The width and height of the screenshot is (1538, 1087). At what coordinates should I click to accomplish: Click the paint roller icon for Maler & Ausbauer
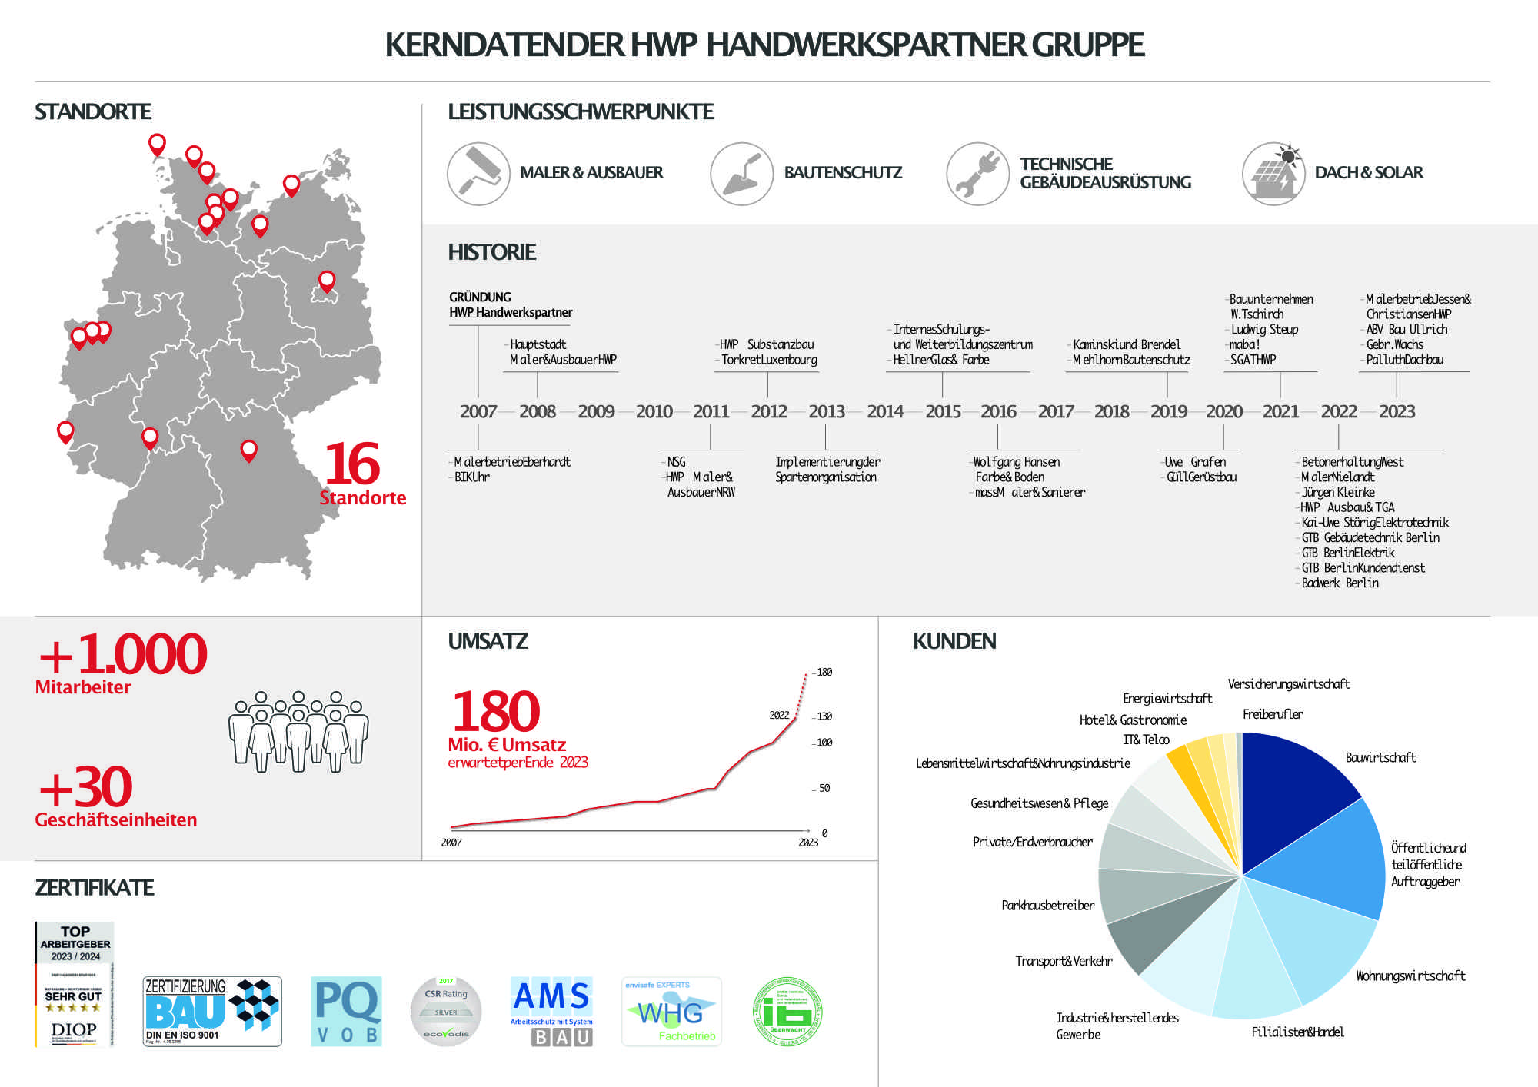coord(478,174)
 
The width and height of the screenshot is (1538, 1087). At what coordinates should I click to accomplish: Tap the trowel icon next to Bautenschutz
coord(741,174)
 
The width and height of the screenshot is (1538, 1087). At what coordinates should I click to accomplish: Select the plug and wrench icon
coord(977,174)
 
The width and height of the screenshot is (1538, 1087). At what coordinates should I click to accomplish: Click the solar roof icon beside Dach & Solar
coord(1273,174)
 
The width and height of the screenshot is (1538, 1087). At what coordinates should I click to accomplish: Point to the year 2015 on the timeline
coord(943,412)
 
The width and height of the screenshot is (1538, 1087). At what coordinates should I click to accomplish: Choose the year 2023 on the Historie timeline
coord(1397,412)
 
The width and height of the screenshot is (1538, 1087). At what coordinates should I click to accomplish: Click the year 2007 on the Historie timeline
coord(478,412)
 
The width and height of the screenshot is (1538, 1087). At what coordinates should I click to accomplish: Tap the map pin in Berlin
coord(327,281)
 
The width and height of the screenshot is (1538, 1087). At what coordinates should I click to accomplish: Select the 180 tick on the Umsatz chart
coord(824,673)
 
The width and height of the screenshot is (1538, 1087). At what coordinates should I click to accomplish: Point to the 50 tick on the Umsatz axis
coord(824,789)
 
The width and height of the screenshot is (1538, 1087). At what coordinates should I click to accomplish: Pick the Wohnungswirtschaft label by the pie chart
coord(1410,976)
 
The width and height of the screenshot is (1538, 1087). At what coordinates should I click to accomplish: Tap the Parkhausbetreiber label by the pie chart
coord(1047,906)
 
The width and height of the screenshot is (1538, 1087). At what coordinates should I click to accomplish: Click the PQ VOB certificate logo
coord(347,1012)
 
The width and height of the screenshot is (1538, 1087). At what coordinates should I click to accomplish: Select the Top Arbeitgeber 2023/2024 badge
coord(75,984)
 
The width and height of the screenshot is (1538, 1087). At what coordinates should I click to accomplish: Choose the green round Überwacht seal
coord(787,1012)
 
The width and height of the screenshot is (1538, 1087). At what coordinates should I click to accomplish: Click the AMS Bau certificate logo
coord(551,1012)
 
